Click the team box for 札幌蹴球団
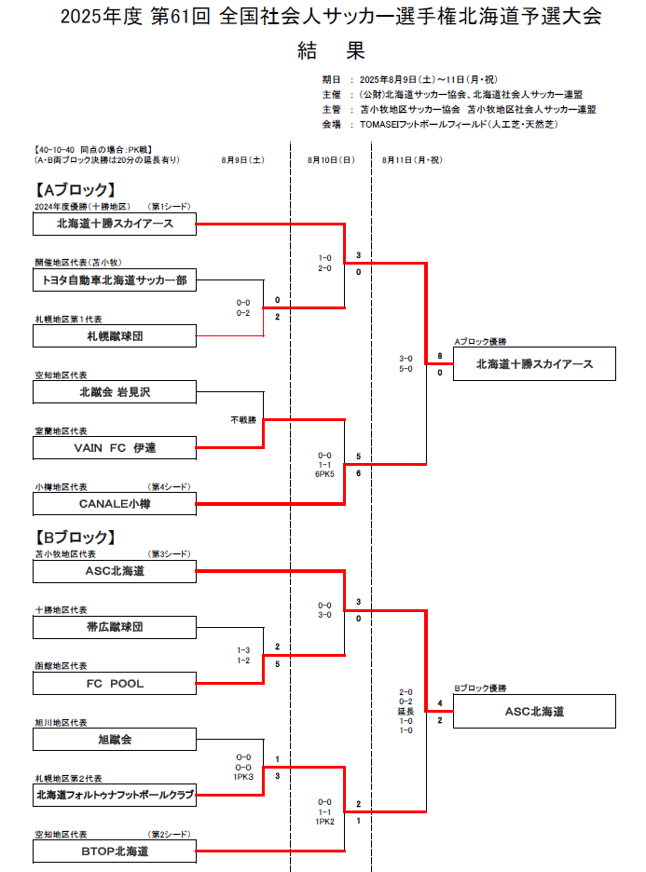(115, 336)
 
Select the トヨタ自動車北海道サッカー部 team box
(115, 279)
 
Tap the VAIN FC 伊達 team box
(115, 448)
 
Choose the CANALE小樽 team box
(115, 504)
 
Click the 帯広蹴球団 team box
(115, 627)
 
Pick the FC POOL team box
(115, 684)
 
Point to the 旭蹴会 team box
(115, 740)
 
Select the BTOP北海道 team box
(115, 852)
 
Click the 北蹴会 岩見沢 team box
(115, 392)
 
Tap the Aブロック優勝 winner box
(534, 363)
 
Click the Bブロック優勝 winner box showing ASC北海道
(534, 711)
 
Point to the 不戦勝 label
(243, 420)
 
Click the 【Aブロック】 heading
(76, 190)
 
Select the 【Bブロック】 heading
(76, 538)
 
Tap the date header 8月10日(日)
(331, 160)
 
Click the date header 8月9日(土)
(242, 160)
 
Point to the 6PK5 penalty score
(324, 474)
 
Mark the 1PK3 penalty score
(243, 777)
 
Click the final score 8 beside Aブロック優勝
(440, 356)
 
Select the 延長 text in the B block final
(405, 711)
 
